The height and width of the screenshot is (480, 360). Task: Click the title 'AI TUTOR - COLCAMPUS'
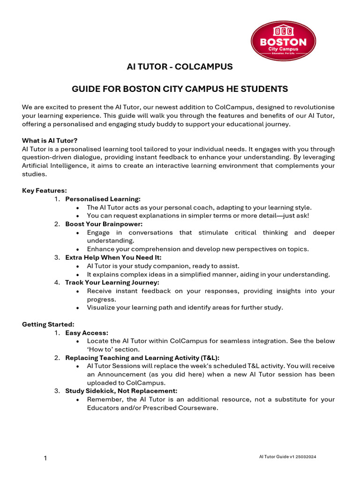click(180, 67)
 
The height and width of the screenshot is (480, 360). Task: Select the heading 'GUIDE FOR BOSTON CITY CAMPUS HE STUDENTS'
click(180, 89)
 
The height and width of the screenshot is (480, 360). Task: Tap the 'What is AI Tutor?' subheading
click(50, 141)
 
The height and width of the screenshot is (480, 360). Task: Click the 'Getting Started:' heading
click(48, 324)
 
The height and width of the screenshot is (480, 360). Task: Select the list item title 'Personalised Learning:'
click(103, 199)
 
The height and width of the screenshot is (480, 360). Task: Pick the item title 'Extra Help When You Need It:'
click(113, 257)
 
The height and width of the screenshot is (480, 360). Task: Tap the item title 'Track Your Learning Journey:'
click(112, 283)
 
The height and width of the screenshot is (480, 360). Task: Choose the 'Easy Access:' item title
click(87, 333)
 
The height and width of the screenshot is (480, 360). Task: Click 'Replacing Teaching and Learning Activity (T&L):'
click(142, 358)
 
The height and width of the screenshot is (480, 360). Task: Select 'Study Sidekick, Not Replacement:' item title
click(121, 391)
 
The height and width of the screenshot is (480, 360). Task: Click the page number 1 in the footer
click(45, 458)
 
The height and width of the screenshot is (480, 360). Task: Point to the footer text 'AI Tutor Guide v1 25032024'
click(288, 457)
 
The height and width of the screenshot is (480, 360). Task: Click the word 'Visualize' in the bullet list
click(101, 307)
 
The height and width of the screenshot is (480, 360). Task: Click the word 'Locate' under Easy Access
click(97, 341)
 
